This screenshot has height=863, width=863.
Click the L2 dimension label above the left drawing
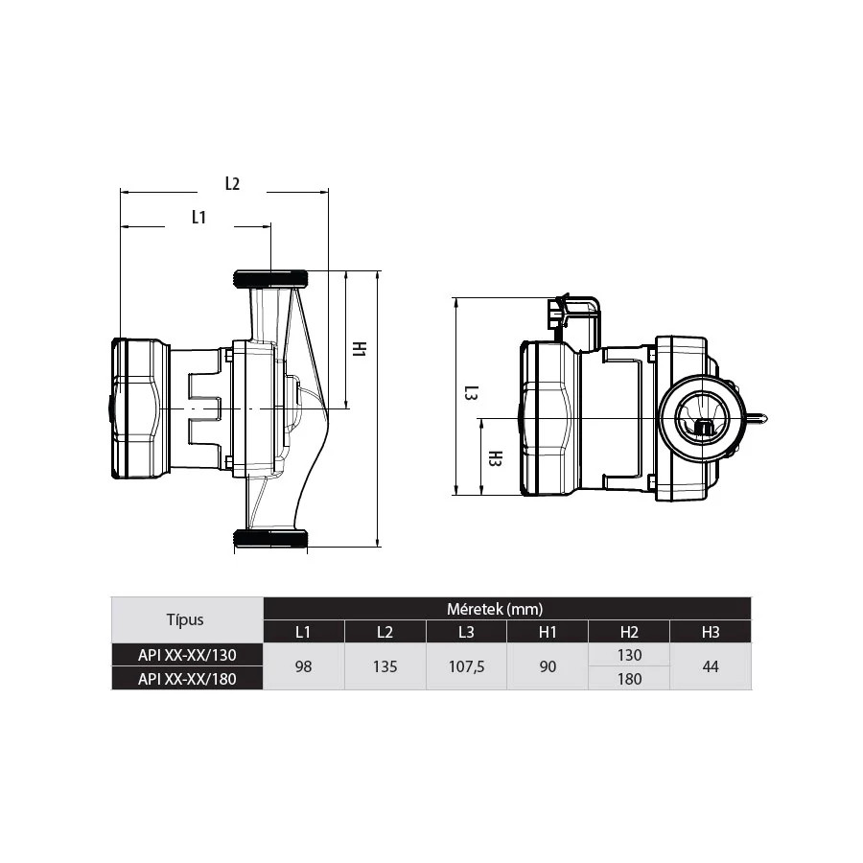point(233,184)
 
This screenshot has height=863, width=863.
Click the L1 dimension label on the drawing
point(198,218)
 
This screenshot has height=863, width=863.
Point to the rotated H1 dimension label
point(359,348)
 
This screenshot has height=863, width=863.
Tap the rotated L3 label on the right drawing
point(471,393)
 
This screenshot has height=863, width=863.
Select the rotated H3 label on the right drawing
point(496,458)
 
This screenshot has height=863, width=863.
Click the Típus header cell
point(185,619)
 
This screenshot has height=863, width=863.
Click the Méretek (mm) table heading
point(495,609)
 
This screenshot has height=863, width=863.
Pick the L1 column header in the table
point(303,632)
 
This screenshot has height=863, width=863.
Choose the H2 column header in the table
point(629,632)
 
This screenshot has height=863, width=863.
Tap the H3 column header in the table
point(711,632)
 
